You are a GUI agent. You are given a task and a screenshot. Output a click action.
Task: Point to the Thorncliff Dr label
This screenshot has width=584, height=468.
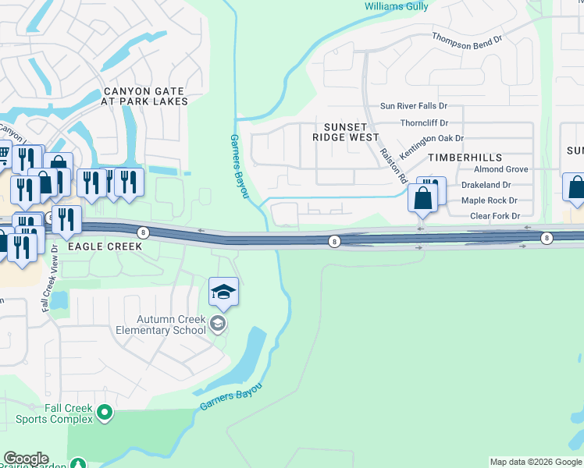[424, 122]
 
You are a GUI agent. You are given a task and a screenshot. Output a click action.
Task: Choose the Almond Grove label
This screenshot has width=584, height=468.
[500, 169]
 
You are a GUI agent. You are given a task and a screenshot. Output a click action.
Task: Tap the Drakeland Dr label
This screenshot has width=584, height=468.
[485, 185]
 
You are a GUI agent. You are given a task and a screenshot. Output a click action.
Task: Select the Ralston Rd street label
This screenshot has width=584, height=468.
[393, 165]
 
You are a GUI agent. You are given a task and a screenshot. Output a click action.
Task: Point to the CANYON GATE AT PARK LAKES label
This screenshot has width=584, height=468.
[145, 96]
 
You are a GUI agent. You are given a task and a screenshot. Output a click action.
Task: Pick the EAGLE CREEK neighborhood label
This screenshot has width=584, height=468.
[105, 246]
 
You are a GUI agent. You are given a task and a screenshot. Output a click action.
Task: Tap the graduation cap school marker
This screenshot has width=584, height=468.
[223, 292]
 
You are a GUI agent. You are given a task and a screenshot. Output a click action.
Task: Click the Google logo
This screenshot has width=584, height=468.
[26, 459]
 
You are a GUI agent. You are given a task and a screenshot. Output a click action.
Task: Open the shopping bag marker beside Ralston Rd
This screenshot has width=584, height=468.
[422, 197]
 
